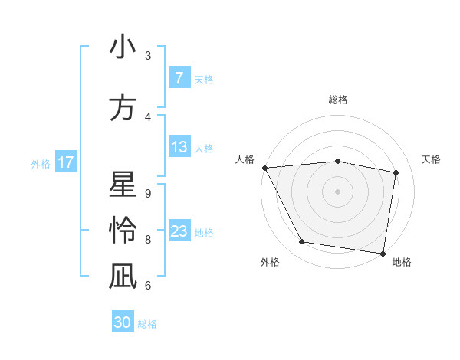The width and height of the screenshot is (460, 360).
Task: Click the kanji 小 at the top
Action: click(x=123, y=47)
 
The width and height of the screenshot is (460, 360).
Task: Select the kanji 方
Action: click(x=123, y=108)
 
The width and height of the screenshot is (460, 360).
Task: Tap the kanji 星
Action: click(x=123, y=185)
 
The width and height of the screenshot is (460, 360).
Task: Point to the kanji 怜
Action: click(x=123, y=231)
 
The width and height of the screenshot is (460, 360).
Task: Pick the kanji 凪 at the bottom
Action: click(x=123, y=277)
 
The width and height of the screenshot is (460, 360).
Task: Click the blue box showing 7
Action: click(x=179, y=78)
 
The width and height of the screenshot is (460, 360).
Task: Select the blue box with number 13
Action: click(x=179, y=148)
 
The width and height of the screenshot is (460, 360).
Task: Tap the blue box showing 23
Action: click(x=179, y=231)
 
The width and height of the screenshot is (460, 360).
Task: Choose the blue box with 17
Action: click(x=66, y=162)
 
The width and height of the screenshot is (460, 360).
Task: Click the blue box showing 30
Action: click(x=123, y=322)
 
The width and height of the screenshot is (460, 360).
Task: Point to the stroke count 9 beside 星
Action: click(x=147, y=194)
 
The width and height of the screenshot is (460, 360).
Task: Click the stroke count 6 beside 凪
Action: click(x=147, y=286)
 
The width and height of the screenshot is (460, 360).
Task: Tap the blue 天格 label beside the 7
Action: click(x=204, y=79)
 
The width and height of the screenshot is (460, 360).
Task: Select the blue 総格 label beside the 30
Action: click(x=147, y=323)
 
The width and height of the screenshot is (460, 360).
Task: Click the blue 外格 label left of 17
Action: click(x=41, y=163)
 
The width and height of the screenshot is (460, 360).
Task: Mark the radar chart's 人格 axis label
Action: click(x=245, y=159)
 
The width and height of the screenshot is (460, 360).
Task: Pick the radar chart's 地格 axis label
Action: click(x=402, y=262)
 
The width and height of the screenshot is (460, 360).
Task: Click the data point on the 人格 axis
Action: click(x=264, y=168)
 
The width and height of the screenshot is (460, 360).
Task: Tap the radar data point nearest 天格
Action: click(x=396, y=172)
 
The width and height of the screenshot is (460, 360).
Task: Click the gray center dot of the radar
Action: click(x=337, y=191)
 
